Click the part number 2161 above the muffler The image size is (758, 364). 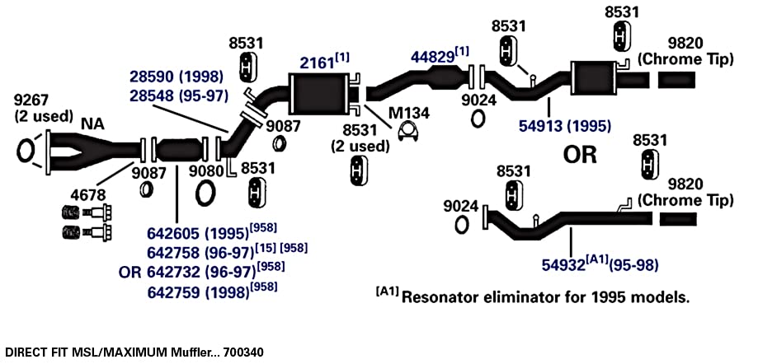[316, 63]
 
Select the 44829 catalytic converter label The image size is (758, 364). [433, 57]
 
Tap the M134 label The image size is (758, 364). [409, 113]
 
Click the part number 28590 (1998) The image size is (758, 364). [177, 77]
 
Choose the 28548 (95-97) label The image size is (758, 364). [179, 95]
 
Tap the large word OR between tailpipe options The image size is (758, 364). [580, 155]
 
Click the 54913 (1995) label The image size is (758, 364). [565, 126]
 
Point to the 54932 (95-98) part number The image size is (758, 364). [600, 264]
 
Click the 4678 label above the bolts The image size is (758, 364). [87, 195]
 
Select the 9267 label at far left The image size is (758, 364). [31, 100]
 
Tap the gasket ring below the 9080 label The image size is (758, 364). [206, 193]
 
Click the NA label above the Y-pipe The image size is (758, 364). [92, 124]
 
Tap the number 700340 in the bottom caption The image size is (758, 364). [244, 352]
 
